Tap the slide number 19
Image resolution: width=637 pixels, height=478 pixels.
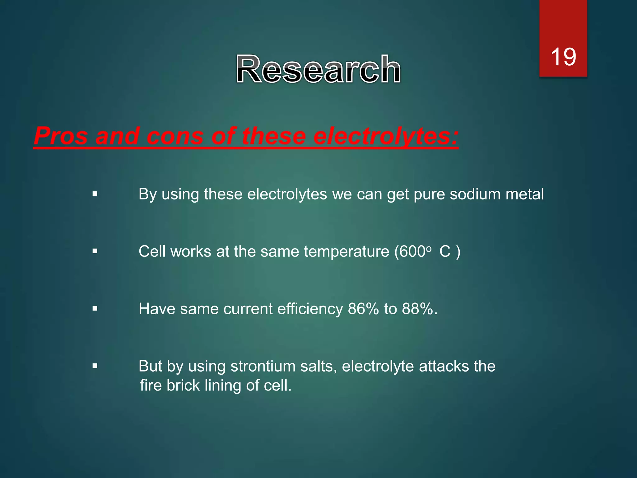[x=563, y=57]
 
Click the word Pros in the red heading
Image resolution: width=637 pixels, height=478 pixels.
[x=61, y=136]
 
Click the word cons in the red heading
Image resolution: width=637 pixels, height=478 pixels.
[x=175, y=136]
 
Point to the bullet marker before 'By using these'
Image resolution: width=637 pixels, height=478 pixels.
[x=95, y=194]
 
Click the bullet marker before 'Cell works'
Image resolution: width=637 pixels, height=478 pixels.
[x=95, y=251]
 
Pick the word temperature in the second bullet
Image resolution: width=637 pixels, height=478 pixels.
[x=346, y=251]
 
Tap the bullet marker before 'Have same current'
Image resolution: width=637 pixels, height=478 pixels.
[x=95, y=309]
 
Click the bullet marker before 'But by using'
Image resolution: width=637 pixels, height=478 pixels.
[x=95, y=366]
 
